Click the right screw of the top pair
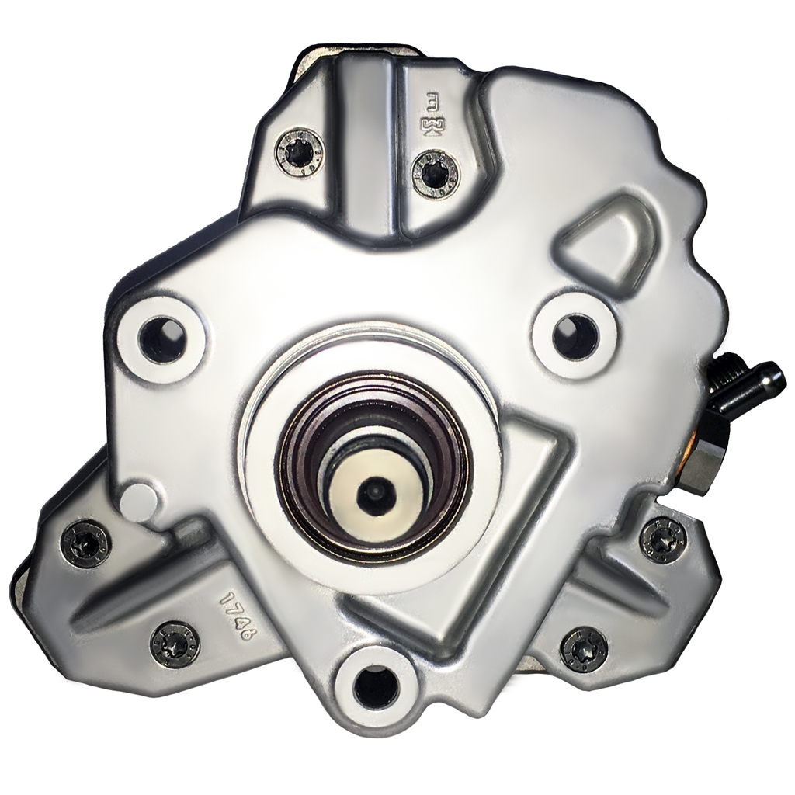point(436,172)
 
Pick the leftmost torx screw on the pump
point(85,543)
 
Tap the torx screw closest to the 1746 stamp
point(174,643)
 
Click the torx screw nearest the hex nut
point(662,538)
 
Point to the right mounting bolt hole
point(575,335)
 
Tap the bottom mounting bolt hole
point(375,686)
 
